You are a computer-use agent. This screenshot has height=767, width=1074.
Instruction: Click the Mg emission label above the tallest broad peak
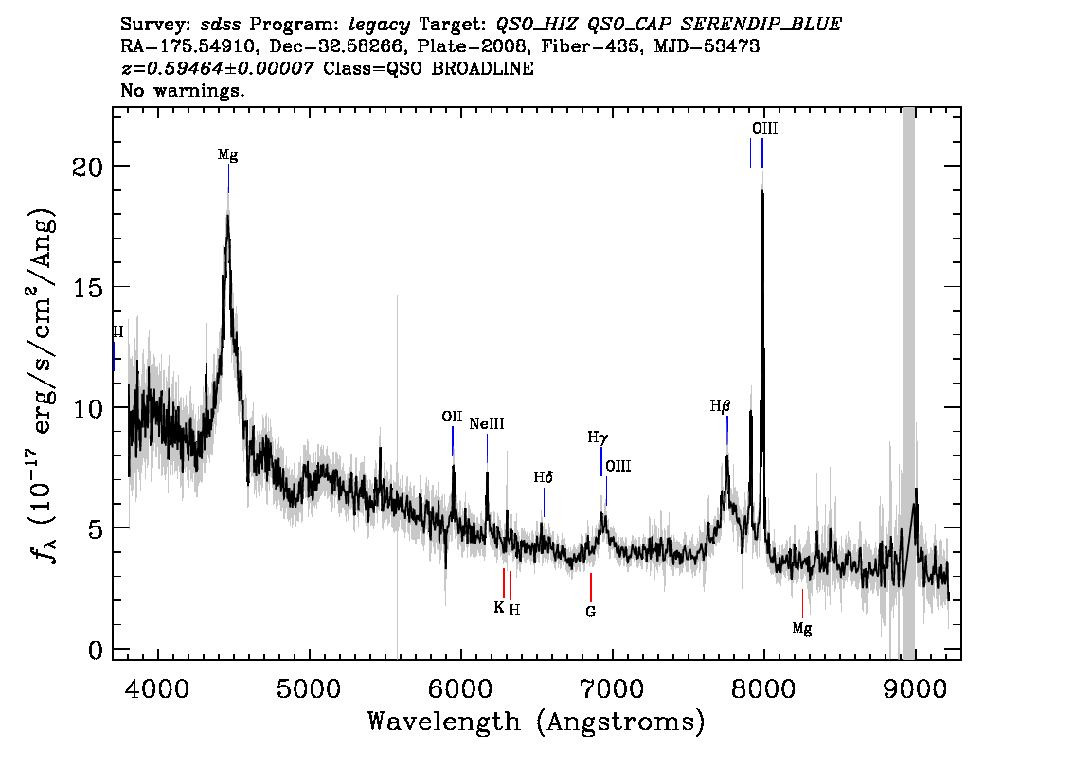pyautogui.click(x=228, y=154)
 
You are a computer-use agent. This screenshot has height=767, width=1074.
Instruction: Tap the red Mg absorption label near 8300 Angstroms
pyautogui.click(x=802, y=628)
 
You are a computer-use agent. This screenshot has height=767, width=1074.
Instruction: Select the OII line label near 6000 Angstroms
pyautogui.click(x=452, y=417)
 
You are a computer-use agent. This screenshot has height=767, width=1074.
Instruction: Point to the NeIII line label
pyautogui.click(x=487, y=424)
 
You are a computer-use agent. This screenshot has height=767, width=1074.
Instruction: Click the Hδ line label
pyautogui.click(x=544, y=477)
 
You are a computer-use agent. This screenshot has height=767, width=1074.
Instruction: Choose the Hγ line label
pyautogui.click(x=598, y=437)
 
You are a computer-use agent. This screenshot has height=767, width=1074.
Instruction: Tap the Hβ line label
pyautogui.click(x=720, y=406)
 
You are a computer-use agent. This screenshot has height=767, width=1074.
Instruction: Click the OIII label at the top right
pyautogui.click(x=764, y=129)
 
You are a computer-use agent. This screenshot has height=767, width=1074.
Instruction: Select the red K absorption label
pyautogui.click(x=498, y=607)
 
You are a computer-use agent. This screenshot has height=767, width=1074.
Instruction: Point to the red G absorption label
pyautogui.click(x=590, y=612)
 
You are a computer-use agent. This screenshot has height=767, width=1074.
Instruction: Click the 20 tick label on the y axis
pyautogui.click(x=87, y=167)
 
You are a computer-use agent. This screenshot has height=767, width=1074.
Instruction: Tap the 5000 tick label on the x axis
pyautogui.click(x=309, y=689)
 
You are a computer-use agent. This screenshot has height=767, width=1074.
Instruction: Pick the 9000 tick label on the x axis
pyautogui.click(x=914, y=689)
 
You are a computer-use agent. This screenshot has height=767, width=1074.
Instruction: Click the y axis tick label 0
pyautogui.click(x=96, y=650)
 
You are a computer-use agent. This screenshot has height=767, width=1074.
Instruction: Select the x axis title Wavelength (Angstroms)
pyautogui.click(x=536, y=722)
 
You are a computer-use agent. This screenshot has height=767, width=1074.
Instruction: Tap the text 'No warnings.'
pyautogui.click(x=182, y=90)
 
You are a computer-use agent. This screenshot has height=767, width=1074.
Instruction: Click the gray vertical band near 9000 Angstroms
pyautogui.click(x=908, y=383)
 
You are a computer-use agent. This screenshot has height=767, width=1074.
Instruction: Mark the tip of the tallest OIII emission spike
pyautogui.click(x=762, y=171)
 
